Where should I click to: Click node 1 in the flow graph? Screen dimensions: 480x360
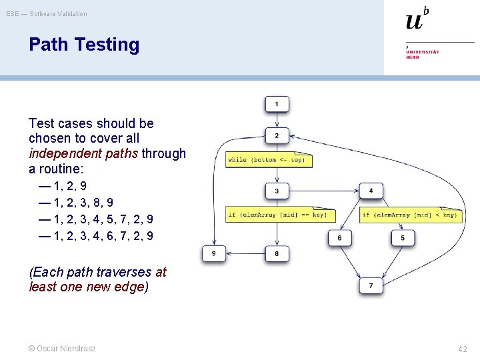(277, 103)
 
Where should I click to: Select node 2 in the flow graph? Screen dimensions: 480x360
(277, 135)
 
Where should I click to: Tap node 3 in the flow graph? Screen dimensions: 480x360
(277, 191)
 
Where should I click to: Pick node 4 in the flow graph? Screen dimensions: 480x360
(371, 191)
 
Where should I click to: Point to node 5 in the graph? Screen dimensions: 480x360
(403, 237)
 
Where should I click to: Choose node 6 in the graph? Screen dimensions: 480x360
(339, 237)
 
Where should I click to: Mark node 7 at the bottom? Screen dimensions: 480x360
(371, 285)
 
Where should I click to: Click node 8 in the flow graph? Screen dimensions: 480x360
(277, 253)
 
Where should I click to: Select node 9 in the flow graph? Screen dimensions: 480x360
(214, 253)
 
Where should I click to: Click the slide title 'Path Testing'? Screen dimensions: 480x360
(84, 45)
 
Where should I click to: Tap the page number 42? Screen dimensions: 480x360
(463, 349)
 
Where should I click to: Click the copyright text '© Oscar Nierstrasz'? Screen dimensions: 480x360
(62, 349)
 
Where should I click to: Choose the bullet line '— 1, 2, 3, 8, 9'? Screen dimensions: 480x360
(76, 203)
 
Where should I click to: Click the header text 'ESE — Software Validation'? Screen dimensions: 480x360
(47, 13)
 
